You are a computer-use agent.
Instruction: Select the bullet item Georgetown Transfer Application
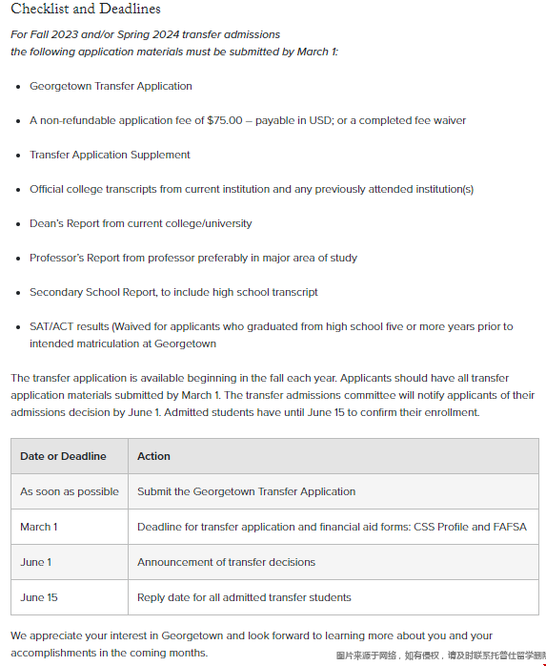[x=111, y=86]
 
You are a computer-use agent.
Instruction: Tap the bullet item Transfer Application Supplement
[x=110, y=155]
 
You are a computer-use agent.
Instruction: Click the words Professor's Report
[x=73, y=258]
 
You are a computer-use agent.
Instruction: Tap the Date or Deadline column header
[x=63, y=456]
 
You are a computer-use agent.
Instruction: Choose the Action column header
[x=153, y=456]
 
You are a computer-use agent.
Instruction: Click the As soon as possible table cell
[x=70, y=491]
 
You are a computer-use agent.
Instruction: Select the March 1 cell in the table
[x=39, y=527]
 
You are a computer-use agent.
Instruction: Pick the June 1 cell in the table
[x=36, y=562]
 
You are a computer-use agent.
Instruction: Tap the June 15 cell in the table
[x=39, y=597]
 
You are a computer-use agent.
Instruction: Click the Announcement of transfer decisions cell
[x=226, y=562]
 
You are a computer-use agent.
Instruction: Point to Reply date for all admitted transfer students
[x=244, y=597]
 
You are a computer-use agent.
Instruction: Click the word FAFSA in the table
[x=508, y=527]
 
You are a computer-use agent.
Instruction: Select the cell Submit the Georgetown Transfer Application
[x=246, y=491]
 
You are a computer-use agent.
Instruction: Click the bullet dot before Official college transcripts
[x=19, y=189]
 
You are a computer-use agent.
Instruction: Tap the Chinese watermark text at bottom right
[x=440, y=656]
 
